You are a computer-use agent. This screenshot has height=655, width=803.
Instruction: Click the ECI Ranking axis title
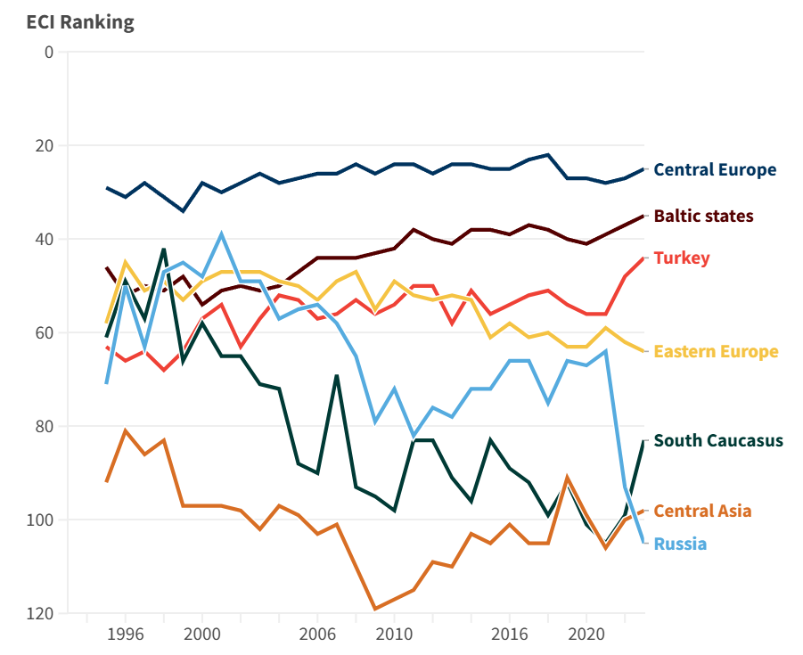pyautogui.click(x=80, y=22)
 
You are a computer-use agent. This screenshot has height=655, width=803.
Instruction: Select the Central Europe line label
pyautogui.click(x=715, y=169)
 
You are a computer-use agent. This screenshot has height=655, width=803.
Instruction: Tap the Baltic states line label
pyautogui.click(x=703, y=216)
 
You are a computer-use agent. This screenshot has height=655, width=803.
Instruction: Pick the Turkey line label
pyautogui.click(x=682, y=258)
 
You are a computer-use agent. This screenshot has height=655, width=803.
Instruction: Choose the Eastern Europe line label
pyautogui.click(x=716, y=351)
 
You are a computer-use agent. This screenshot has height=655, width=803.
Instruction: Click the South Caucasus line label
pyautogui.click(x=718, y=440)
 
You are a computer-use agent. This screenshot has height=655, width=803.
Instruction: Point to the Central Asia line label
pyautogui.click(x=702, y=511)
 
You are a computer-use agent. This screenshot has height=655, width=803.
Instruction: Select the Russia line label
pyautogui.click(x=680, y=544)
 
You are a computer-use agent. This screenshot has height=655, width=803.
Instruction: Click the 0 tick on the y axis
pyautogui.click(x=48, y=52)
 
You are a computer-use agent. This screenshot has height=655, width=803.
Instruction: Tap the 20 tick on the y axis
pyautogui.click(x=45, y=145)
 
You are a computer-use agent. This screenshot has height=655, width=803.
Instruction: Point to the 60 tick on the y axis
pyautogui.click(x=45, y=332)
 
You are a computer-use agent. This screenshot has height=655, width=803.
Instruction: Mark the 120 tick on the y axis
pyautogui.click(x=41, y=614)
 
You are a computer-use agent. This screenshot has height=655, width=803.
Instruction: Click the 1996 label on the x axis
pyautogui.click(x=126, y=635)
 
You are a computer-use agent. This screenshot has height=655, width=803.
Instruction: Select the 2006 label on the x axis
pyautogui.click(x=317, y=635)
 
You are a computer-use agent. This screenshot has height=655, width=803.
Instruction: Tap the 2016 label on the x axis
pyautogui.click(x=509, y=635)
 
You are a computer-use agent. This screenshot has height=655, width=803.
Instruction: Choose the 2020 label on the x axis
pyautogui.click(x=586, y=635)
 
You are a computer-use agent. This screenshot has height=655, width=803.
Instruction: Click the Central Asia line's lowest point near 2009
pyautogui.click(x=375, y=609)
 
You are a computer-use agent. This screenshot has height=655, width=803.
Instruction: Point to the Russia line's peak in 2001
pyautogui.click(x=221, y=234)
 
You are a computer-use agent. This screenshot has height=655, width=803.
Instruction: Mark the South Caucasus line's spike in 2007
pyautogui.click(x=336, y=375)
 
